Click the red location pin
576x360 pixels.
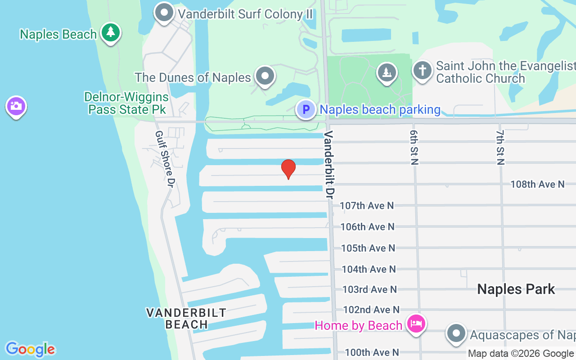click(288, 169)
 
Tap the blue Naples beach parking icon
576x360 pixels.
click(306, 109)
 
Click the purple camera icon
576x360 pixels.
click(16, 107)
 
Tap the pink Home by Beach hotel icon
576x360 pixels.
click(416, 324)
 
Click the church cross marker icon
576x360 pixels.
click(422, 71)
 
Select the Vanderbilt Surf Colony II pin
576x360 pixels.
click(164, 13)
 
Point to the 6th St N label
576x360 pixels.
click(414, 148)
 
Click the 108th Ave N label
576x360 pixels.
click(537, 184)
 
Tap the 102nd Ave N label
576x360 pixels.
click(371, 310)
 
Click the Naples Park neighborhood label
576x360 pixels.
click(516, 289)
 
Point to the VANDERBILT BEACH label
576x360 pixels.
click(186, 318)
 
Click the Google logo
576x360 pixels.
click(31, 349)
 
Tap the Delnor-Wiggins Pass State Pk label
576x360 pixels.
click(126, 103)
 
